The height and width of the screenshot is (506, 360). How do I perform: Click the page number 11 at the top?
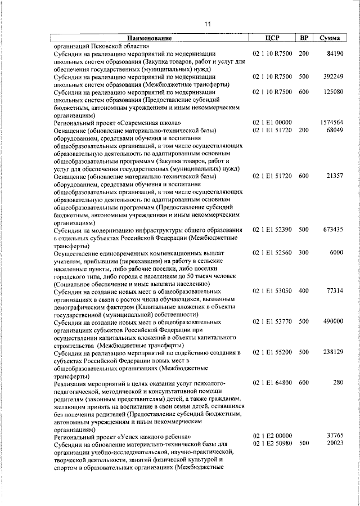pos(208,24)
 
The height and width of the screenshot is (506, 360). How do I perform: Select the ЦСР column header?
pos(272,38)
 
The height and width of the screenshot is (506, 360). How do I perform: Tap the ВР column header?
pos(304,38)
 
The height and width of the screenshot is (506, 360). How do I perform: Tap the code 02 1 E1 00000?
pos(272,123)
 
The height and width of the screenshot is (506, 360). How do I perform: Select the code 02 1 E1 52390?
pos(272,230)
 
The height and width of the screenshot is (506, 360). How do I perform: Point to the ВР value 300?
pos(304,253)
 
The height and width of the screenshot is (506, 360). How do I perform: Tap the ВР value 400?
pos(304,291)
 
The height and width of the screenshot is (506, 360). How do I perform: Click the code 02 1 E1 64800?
pos(272,383)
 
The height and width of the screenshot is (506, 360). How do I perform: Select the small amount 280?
pos(337,383)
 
